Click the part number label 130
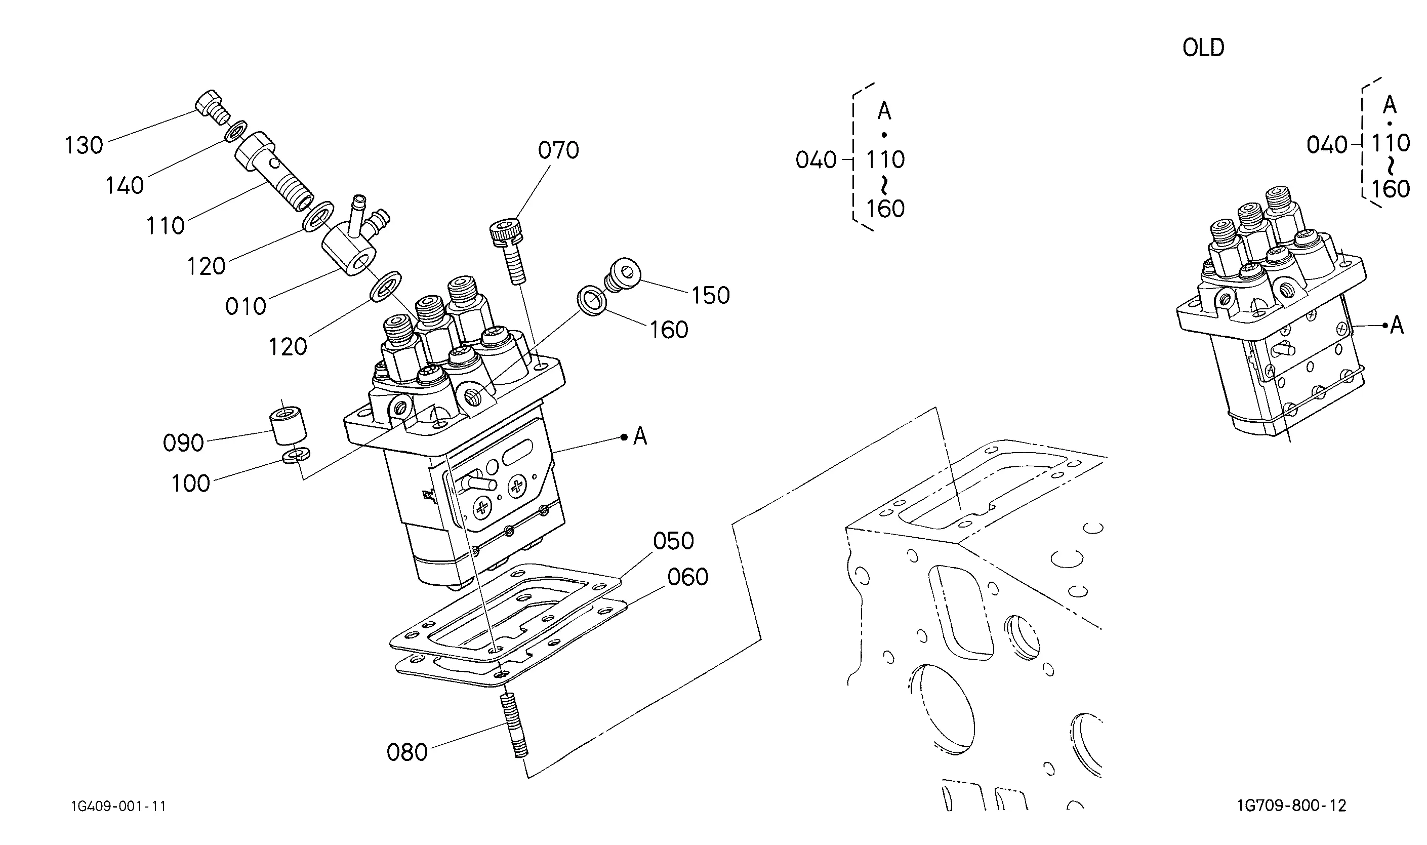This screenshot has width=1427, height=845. [x=84, y=145]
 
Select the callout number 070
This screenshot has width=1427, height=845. [x=558, y=150]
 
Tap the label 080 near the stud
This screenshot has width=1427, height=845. [x=407, y=753]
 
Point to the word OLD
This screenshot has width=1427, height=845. [x=1203, y=48]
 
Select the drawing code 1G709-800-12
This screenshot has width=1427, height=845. [x=1291, y=806]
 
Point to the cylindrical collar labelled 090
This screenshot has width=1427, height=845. [x=288, y=425]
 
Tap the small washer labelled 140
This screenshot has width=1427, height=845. [x=236, y=131]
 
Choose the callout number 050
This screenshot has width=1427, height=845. [x=673, y=541]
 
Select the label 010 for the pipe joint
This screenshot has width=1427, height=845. [x=246, y=307]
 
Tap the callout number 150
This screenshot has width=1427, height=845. [x=710, y=296]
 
